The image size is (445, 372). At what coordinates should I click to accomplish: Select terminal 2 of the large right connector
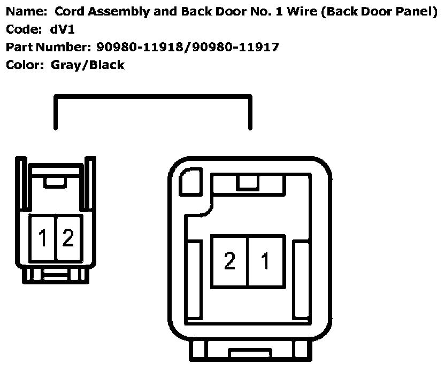click(x=229, y=261)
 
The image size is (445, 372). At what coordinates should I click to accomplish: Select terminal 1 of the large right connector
click(x=265, y=261)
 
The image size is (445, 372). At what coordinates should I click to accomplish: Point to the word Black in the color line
click(x=107, y=65)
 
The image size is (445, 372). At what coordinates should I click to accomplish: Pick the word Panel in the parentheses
click(x=412, y=11)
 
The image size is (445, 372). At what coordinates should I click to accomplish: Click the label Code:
click(x=21, y=29)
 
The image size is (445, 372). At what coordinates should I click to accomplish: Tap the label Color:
click(x=24, y=65)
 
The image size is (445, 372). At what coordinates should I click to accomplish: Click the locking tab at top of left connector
click(x=54, y=182)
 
